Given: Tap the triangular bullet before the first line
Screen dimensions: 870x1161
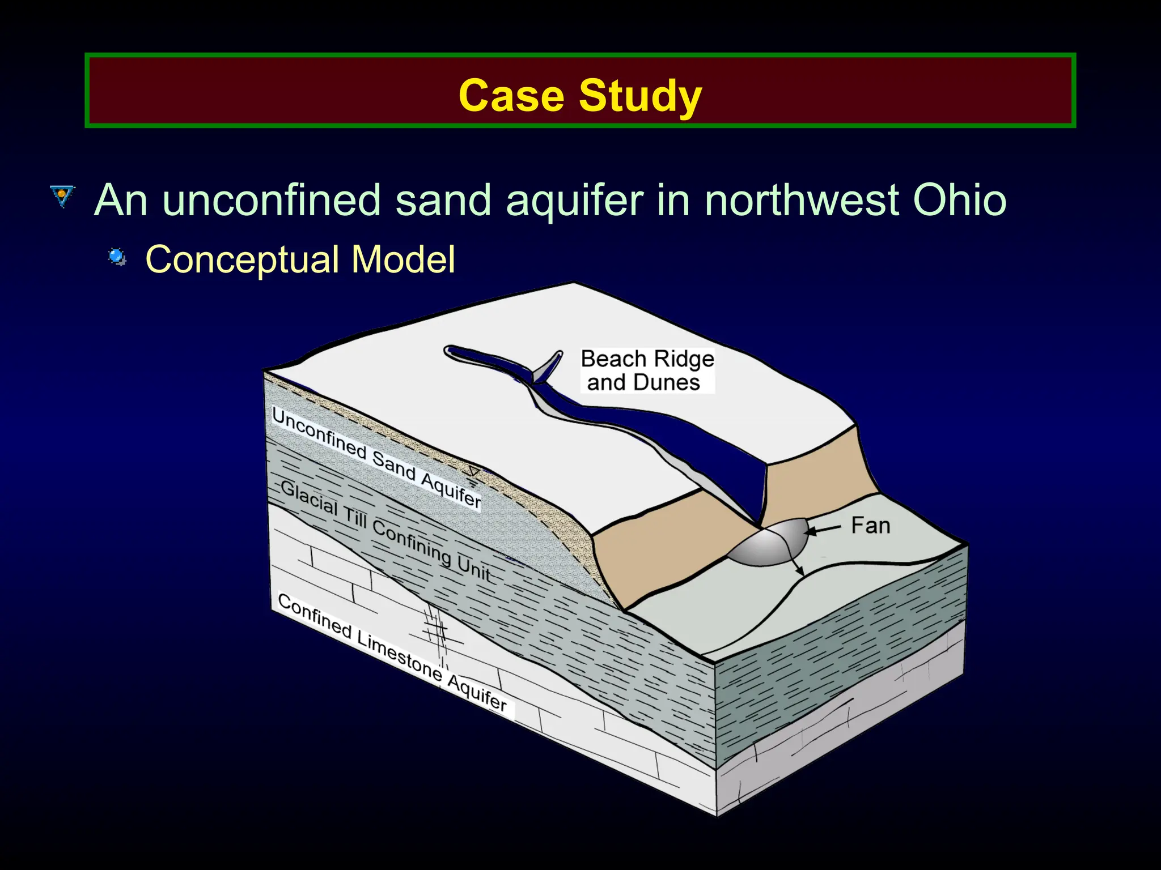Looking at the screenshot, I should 62,196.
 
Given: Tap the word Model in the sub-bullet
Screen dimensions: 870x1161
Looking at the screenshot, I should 403,259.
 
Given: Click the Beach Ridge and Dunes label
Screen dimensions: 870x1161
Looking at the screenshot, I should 647,370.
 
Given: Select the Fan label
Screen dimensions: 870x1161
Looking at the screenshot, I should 870,526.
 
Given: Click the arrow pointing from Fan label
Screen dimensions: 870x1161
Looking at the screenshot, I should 823,530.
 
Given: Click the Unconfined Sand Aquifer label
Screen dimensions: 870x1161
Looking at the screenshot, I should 376,458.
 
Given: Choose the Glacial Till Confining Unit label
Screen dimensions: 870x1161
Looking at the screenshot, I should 385,530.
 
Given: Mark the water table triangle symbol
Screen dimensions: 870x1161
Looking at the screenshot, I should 473,472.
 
